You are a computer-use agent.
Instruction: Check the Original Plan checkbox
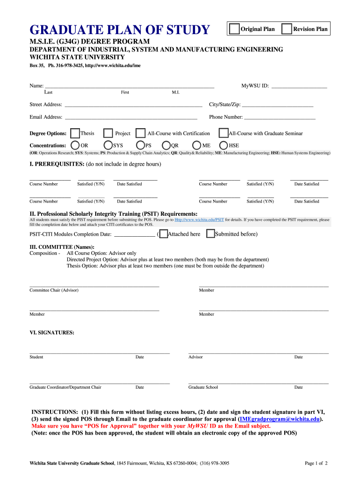click(x=234, y=29)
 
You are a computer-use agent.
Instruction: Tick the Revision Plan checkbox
click(x=287, y=29)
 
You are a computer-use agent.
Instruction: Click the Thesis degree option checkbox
click(x=75, y=133)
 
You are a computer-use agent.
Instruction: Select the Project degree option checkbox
click(x=108, y=133)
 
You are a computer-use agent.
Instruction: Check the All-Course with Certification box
click(x=140, y=133)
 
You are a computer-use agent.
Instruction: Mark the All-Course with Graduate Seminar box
click(x=223, y=133)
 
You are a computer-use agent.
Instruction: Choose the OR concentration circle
click(x=75, y=145)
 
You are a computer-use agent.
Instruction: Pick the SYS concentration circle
click(x=108, y=145)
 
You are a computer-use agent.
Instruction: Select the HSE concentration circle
click(x=223, y=145)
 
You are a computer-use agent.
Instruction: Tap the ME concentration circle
click(x=196, y=145)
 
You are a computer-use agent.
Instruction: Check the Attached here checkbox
click(x=163, y=234)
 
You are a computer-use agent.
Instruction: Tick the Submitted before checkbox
click(x=210, y=234)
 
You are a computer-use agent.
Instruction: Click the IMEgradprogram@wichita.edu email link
click(x=280, y=420)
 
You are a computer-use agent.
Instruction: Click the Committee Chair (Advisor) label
click(x=54, y=290)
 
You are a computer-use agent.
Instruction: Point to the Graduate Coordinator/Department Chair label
click(x=65, y=387)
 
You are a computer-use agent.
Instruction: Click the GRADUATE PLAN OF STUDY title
click(x=120, y=30)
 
